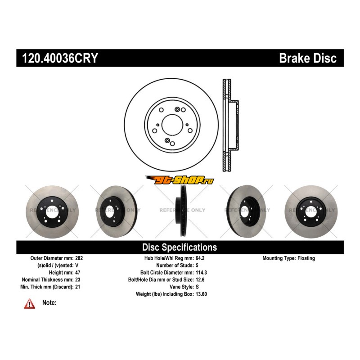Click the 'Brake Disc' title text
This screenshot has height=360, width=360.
307,58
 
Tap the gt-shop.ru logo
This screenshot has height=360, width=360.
180,180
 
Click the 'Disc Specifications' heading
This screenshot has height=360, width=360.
180,247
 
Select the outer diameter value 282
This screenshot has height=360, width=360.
79,258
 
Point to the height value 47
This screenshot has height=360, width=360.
77,273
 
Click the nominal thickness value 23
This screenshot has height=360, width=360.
77,279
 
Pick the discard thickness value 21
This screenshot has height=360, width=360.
77,287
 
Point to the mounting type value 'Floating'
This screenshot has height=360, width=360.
306,258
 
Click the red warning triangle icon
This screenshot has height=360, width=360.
30,304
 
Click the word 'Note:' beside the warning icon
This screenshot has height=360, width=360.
49,303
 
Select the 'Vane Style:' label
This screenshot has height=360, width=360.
181,287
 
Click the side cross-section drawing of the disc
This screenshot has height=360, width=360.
229,124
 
